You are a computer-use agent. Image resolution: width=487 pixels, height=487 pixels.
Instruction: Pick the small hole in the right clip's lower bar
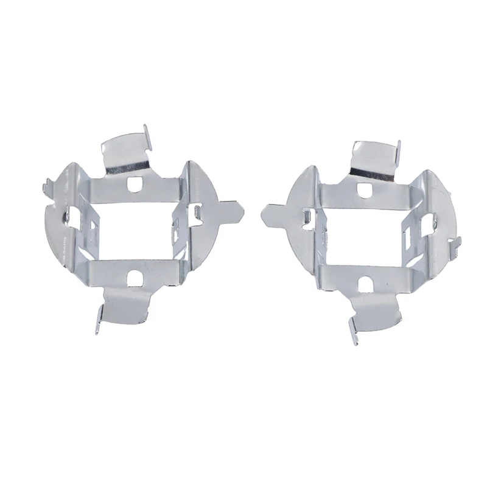[x=366, y=283]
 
